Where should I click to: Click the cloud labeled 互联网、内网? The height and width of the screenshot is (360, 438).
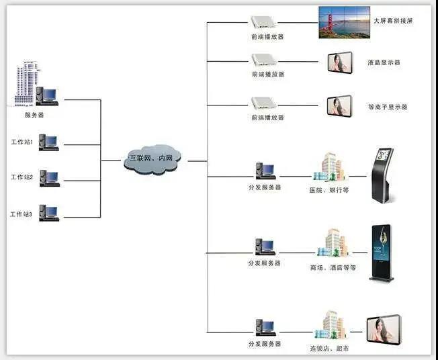[152, 159]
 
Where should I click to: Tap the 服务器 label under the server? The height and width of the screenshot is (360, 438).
[34, 115]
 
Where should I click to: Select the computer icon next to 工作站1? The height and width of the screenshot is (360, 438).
[49, 142]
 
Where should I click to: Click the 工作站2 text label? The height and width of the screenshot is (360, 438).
[21, 177]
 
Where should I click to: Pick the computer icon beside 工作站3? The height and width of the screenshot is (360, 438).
[49, 213]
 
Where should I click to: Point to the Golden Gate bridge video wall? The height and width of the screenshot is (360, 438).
[344, 22]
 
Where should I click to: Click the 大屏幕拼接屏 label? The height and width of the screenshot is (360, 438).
[393, 21]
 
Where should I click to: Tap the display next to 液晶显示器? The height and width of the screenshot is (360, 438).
[340, 62]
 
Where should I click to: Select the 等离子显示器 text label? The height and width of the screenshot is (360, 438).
[388, 107]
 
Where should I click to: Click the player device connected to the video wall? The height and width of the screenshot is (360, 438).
[263, 22]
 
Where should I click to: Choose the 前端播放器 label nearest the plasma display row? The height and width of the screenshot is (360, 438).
[267, 118]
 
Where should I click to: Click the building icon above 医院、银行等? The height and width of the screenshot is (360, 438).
[329, 167]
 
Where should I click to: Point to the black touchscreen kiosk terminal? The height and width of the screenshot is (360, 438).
[383, 175]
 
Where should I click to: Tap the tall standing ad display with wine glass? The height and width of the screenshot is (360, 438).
[382, 253]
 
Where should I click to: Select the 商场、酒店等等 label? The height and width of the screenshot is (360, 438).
[333, 268]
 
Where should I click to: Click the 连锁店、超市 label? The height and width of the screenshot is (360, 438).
[329, 349]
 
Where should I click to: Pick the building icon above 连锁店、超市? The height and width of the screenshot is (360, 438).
[331, 325]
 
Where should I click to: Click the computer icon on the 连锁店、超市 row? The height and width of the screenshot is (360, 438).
[265, 327]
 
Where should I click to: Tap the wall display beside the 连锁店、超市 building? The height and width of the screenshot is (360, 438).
[384, 330]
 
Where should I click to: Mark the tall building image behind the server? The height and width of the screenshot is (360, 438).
[27, 83]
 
